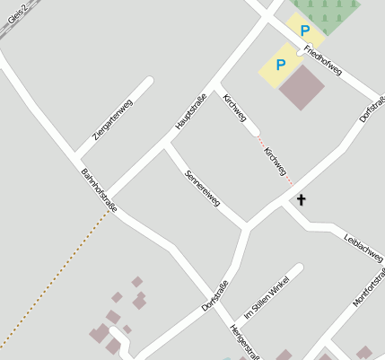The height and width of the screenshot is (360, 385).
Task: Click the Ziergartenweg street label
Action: pyautogui.click(x=114, y=119)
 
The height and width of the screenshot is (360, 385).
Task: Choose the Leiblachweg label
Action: pyautogui.click(x=363, y=247)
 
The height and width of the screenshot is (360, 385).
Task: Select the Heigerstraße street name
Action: pyautogui.click(x=244, y=341)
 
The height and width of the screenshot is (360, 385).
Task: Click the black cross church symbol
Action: pyautogui.click(x=301, y=199)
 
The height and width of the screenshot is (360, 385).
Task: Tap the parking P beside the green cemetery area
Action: pyautogui.click(x=305, y=31)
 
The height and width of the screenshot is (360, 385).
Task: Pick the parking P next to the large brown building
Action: pyautogui.click(x=280, y=65)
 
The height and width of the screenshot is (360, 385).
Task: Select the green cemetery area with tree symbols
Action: pyautogui.click(x=333, y=13)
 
